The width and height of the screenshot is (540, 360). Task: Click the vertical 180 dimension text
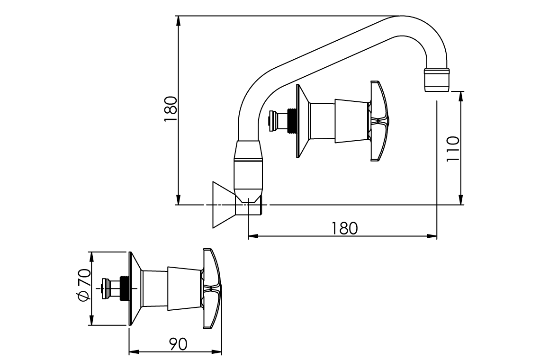point(171,109)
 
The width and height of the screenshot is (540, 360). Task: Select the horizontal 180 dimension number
point(344,228)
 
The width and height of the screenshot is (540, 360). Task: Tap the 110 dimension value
point(453,148)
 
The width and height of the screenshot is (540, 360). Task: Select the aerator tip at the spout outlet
point(436,79)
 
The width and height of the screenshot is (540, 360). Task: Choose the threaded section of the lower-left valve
point(125,288)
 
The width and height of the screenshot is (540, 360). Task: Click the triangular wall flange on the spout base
point(223,205)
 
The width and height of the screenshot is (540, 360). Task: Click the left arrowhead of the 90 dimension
point(133,352)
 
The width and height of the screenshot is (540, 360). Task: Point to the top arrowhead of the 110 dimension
point(460,95)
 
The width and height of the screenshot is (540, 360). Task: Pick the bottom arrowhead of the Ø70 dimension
point(91,322)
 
